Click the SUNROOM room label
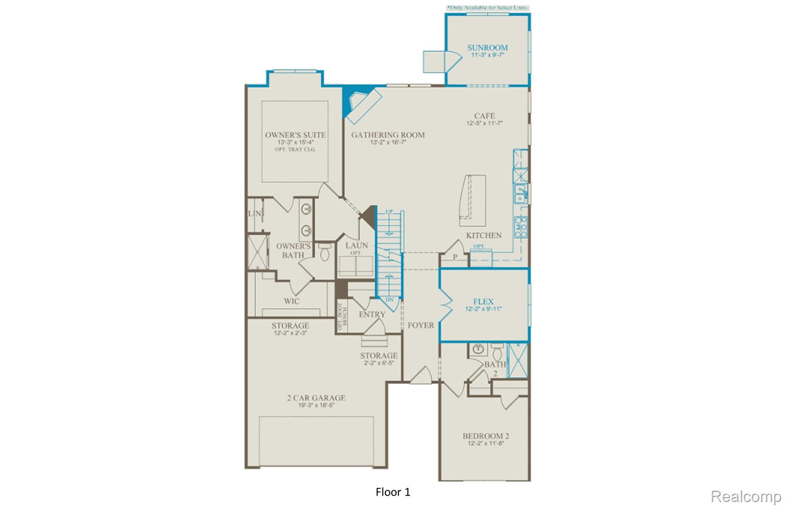pos(487,48)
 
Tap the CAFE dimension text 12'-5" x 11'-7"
pos(484,123)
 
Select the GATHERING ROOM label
pos(388,135)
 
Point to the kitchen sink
pos(520,194)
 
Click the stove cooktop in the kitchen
pos(521,227)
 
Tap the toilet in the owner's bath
pos(325,253)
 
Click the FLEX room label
pos(483,302)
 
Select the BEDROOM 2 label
pos(485,436)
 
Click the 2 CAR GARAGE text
pos(316,398)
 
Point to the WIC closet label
pos(291,301)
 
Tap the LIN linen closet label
pos(254,213)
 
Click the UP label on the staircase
pos(389,211)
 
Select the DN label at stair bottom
pos(389,299)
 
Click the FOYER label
pos(421,325)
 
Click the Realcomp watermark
pos(746,496)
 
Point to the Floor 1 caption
pos(393,492)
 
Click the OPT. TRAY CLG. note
pos(295,149)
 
